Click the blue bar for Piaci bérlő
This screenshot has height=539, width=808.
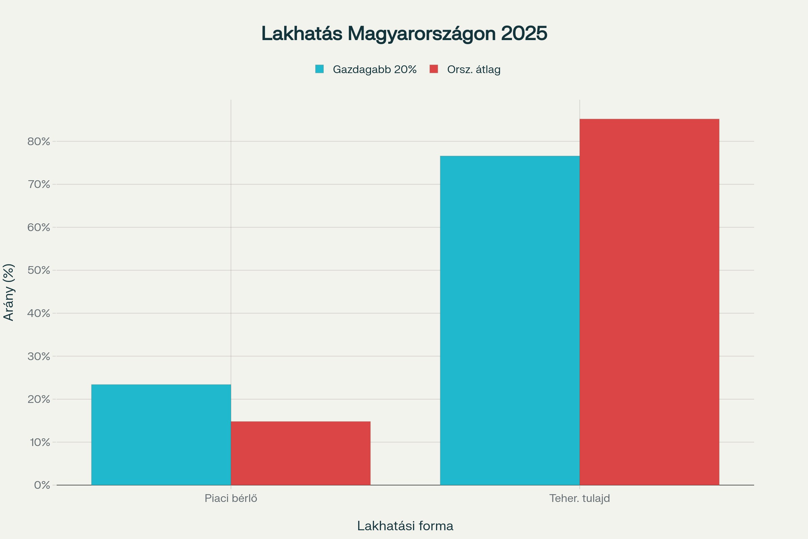pos(161,435)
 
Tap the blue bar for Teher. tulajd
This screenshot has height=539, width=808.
pos(509,320)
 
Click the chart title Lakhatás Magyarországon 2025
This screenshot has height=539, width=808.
pos(404,33)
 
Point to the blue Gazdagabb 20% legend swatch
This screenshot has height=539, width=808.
pos(319,69)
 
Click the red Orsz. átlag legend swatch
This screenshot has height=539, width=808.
pos(434,69)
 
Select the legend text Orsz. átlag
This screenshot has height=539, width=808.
pos(473,69)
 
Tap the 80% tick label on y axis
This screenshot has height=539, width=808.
pos(39,141)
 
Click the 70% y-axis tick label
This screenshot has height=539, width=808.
pos(39,184)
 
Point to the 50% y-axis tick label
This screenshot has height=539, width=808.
pos(39,270)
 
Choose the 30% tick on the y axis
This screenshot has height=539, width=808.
pos(39,356)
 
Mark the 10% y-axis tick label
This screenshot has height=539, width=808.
pos(40,442)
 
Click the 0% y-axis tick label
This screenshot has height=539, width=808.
pos(42,485)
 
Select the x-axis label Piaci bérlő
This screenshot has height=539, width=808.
pos(231,498)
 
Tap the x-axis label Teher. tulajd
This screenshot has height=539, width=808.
pos(579,498)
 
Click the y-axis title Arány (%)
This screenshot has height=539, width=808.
pos(9,292)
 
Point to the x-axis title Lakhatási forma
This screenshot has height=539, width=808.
pos(405,526)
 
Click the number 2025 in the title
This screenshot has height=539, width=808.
pos(524,33)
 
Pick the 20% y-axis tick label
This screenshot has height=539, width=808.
pos(39,399)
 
